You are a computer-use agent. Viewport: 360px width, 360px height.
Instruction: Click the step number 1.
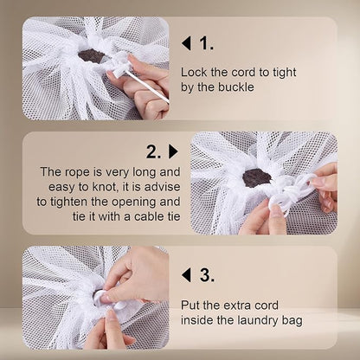tap(205, 42)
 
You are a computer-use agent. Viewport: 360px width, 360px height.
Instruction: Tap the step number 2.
tap(153, 151)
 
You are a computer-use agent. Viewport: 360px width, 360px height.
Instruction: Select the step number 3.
tap(205, 275)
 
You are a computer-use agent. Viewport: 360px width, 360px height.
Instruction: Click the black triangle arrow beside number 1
tap(186, 42)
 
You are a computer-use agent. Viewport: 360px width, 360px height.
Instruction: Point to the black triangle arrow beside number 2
tap(172, 151)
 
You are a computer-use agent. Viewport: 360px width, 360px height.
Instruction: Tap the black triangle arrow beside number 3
tap(186, 275)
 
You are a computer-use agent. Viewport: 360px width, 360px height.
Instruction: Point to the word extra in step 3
tap(228, 305)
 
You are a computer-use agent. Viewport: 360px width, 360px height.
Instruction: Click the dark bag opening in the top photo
tap(91, 55)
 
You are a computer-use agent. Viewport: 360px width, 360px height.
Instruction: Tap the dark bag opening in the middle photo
tap(256, 177)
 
